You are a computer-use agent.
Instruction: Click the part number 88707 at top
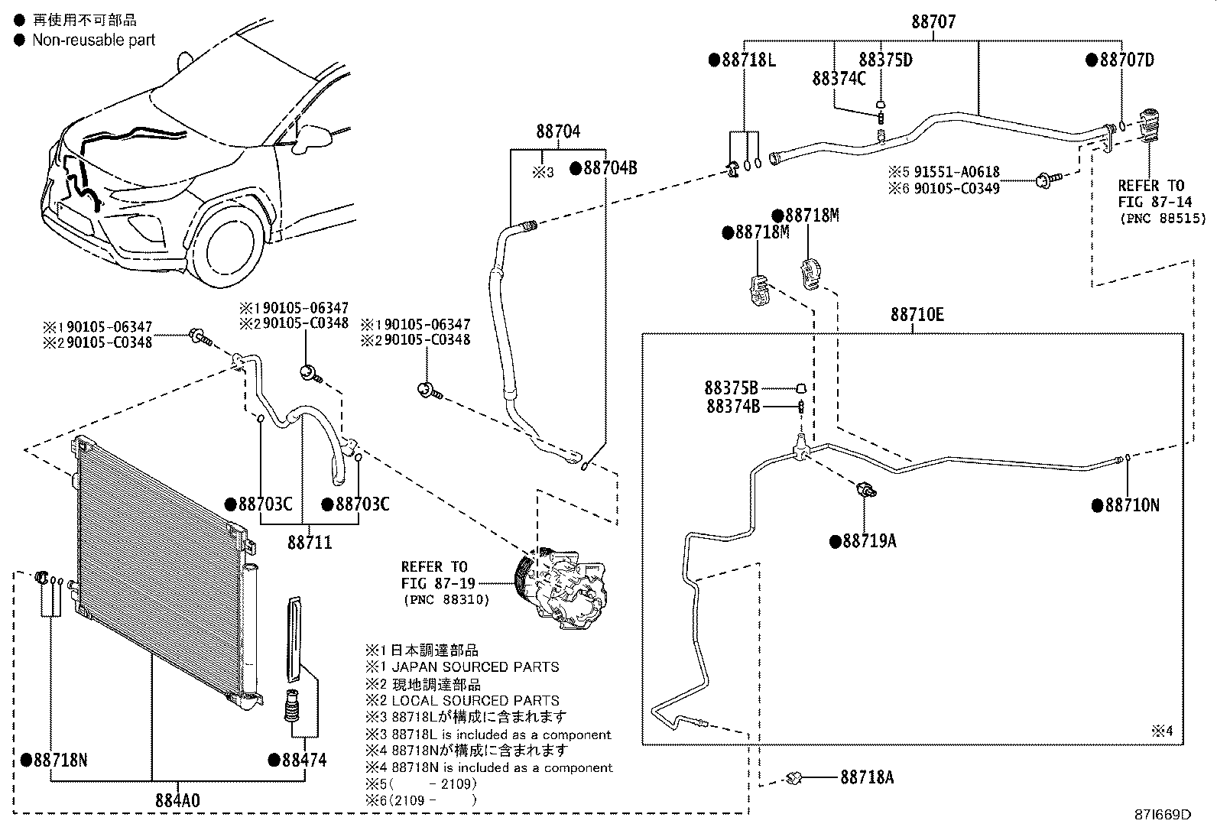pyautogui.click(x=933, y=21)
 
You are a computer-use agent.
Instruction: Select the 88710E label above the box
pyautogui.click(x=917, y=314)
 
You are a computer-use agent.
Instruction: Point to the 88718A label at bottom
pyautogui.click(x=866, y=777)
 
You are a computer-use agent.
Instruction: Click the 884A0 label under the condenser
pyautogui.click(x=177, y=800)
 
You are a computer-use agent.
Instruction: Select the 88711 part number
pyautogui.click(x=310, y=543)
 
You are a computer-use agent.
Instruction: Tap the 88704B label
pyautogui.click(x=609, y=168)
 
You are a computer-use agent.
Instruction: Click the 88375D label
pyautogui.click(x=885, y=60)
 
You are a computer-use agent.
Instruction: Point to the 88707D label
pyautogui.click(x=1126, y=60)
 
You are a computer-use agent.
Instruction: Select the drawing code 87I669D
pyautogui.click(x=1162, y=814)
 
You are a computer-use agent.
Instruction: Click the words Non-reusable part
pyautogui.click(x=93, y=41)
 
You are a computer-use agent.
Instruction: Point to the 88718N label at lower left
pyautogui.click(x=60, y=760)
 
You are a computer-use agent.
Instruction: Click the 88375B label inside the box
pyautogui.click(x=732, y=388)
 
